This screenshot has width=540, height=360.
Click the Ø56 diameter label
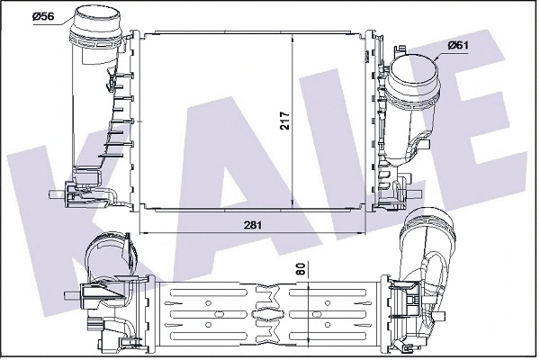pyautogui.click(x=43, y=16)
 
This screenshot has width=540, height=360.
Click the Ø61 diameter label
pyautogui.click(x=458, y=45)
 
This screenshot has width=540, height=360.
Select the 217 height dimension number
pyautogui.click(x=284, y=121)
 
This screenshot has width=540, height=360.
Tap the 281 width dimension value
pyautogui.click(x=253, y=225)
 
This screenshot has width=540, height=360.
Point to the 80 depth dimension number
pyautogui.click(x=301, y=269)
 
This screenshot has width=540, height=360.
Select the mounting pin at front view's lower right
pyautogui.click(x=415, y=194)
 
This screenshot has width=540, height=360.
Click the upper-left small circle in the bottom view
pyautogui.click(x=208, y=303)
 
